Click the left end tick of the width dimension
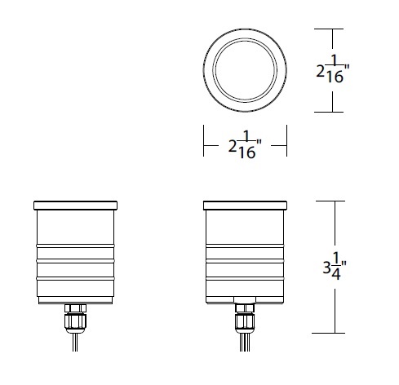[x=204, y=146]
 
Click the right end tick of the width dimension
[x=286, y=146]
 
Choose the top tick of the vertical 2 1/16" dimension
[x=331, y=29]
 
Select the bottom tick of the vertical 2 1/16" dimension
[x=331, y=113]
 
